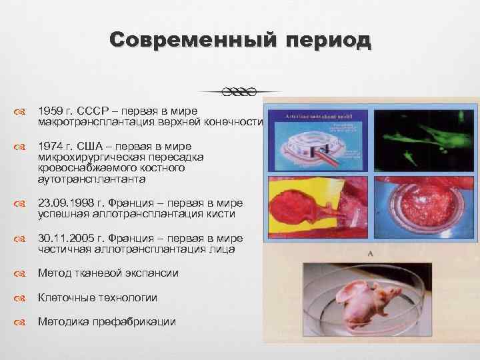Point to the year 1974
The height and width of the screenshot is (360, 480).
(x=51, y=146)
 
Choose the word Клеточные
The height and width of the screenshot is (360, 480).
(x=69, y=297)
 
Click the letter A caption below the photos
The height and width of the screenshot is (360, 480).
(x=369, y=254)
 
